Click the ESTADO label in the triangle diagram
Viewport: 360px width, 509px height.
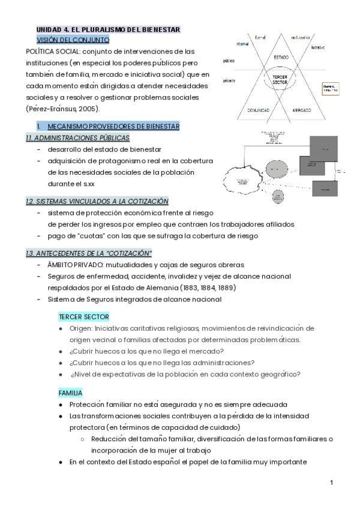[x=281, y=57]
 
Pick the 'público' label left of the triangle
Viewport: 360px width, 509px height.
[x=229, y=61]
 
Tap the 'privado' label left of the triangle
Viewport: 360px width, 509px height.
[x=229, y=80]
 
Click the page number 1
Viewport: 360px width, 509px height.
[x=331, y=483]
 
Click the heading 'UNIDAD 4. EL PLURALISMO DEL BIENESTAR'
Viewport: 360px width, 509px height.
[x=108, y=29]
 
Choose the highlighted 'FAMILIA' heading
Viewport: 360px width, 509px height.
[x=70, y=393]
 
